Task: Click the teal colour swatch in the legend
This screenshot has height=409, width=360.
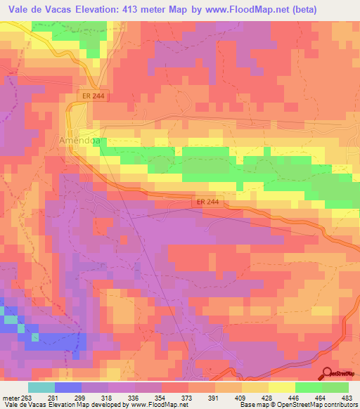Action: pyautogui.click(x=41, y=387)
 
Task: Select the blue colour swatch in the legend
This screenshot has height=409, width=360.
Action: pyautogui.click(x=67, y=387)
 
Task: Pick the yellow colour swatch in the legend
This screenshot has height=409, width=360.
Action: pyautogui.click(x=281, y=387)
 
